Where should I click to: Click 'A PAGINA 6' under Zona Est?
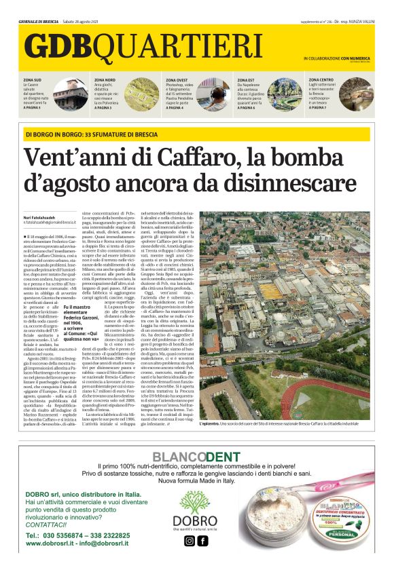[x=251, y=108]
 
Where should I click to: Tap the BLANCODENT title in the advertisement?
[x=196, y=457]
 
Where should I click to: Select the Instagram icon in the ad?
[x=189, y=541]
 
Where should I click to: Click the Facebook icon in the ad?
[x=202, y=541]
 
